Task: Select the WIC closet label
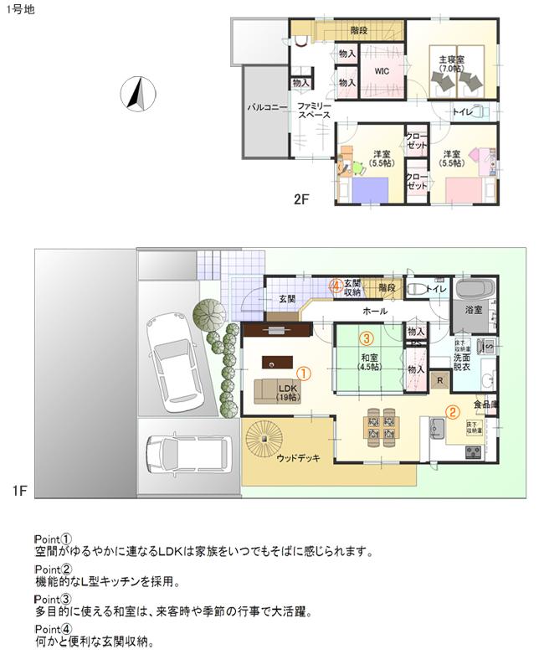[382, 71]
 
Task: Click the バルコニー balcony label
[267, 108]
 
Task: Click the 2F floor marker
[301, 199]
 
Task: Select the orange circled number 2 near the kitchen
[452, 411]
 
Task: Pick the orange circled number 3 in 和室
[367, 339]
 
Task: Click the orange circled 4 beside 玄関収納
[336, 286]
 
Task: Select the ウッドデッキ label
[298, 458]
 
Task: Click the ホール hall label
[374, 311]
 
